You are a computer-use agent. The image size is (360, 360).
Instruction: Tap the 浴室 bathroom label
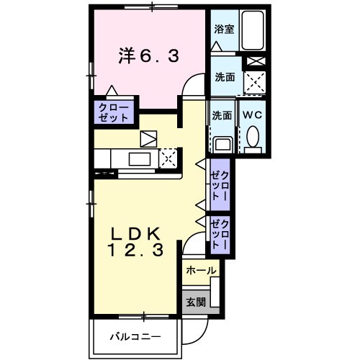coord(223,30)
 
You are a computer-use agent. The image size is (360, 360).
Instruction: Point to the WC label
coord(252,115)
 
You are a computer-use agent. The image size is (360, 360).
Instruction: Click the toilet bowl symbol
coord(253,136)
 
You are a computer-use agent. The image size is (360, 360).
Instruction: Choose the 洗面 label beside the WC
coord(221,115)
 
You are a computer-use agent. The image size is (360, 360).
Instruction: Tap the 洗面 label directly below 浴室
coord(224,78)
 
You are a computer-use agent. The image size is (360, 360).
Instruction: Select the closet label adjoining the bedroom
coord(114,112)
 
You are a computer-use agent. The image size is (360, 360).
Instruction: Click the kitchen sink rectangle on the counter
coord(140,159)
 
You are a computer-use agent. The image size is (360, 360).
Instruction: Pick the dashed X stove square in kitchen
coord(168,158)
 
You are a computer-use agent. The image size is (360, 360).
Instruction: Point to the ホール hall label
coord(201,271)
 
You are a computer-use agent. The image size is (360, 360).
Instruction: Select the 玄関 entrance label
coord(195,302)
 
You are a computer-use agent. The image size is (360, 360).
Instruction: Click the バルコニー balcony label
coord(135,336)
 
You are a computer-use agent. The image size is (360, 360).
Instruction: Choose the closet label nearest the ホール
coord(219,234)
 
